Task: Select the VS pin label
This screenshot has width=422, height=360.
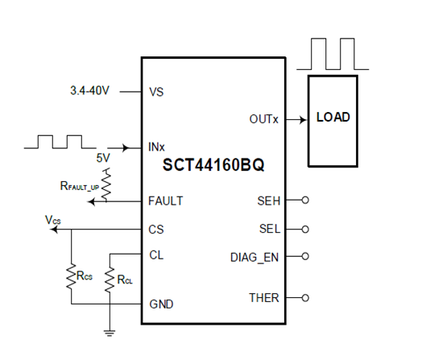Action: click(x=156, y=92)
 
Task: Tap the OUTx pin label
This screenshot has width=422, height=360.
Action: click(x=263, y=120)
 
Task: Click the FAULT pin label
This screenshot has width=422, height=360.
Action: click(x=166, y=201)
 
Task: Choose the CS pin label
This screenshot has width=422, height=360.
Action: click(x=156, y=229)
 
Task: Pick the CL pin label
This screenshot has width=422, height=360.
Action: click(x=156, y=254)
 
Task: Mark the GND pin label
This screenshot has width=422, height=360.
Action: click(x=161, y=304)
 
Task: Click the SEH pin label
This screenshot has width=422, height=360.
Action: click(x=268, y=201)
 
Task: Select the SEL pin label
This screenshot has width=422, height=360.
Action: click(x=269, y=229)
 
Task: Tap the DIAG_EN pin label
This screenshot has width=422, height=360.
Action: click(x=255, y=257)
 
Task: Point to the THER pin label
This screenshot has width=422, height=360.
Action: click(x=264, y=298)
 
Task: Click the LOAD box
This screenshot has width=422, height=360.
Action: click(x=333, y=118)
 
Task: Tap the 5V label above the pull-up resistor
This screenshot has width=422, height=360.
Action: click(x=103, y=159)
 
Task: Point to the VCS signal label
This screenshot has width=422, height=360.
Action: click(x=52, y=219)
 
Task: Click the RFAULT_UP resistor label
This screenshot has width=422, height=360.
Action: click(x=78, y=187)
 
